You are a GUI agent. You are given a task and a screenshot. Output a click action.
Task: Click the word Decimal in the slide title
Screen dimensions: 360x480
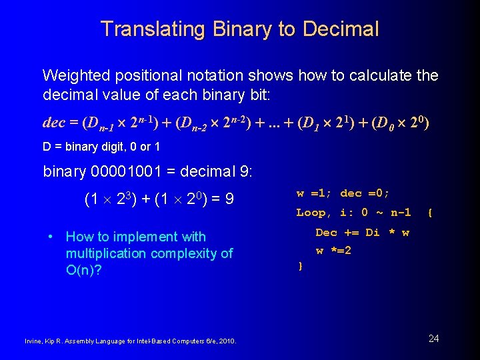click(x=341, y=29)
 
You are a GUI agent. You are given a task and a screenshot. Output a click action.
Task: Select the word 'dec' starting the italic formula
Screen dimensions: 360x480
click(x=53, y=123)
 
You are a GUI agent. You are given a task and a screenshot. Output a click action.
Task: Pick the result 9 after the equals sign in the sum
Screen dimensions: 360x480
click(x=229, y=199)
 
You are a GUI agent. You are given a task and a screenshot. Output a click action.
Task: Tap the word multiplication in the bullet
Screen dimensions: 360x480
click(x=105, y=253)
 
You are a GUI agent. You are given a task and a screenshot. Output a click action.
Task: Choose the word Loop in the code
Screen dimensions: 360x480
click(x=311, y=213)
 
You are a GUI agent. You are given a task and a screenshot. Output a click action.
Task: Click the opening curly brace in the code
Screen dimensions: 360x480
click(x=430, y=213)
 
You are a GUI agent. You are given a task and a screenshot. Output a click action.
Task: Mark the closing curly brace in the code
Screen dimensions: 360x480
click(x=300, y=267)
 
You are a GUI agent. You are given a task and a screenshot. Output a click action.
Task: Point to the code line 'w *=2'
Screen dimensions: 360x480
click(x=333, y=251)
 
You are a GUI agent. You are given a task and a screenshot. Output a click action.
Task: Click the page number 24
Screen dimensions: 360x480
click(x=433, y=339)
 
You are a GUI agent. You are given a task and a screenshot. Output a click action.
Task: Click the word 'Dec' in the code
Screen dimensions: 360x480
click(x=326, y=233)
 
